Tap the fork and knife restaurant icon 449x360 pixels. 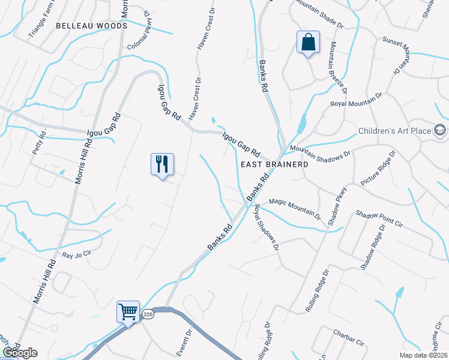[x=162, y=164]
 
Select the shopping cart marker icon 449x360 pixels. [x=128, y=312]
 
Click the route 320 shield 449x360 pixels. [x=148, y=314]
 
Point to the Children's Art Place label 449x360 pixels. [x=394, y=131]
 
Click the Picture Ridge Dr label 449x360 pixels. [x=379, y=169]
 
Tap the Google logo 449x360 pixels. [x=20, y=353]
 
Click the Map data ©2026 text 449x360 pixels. [x=422, y=355]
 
